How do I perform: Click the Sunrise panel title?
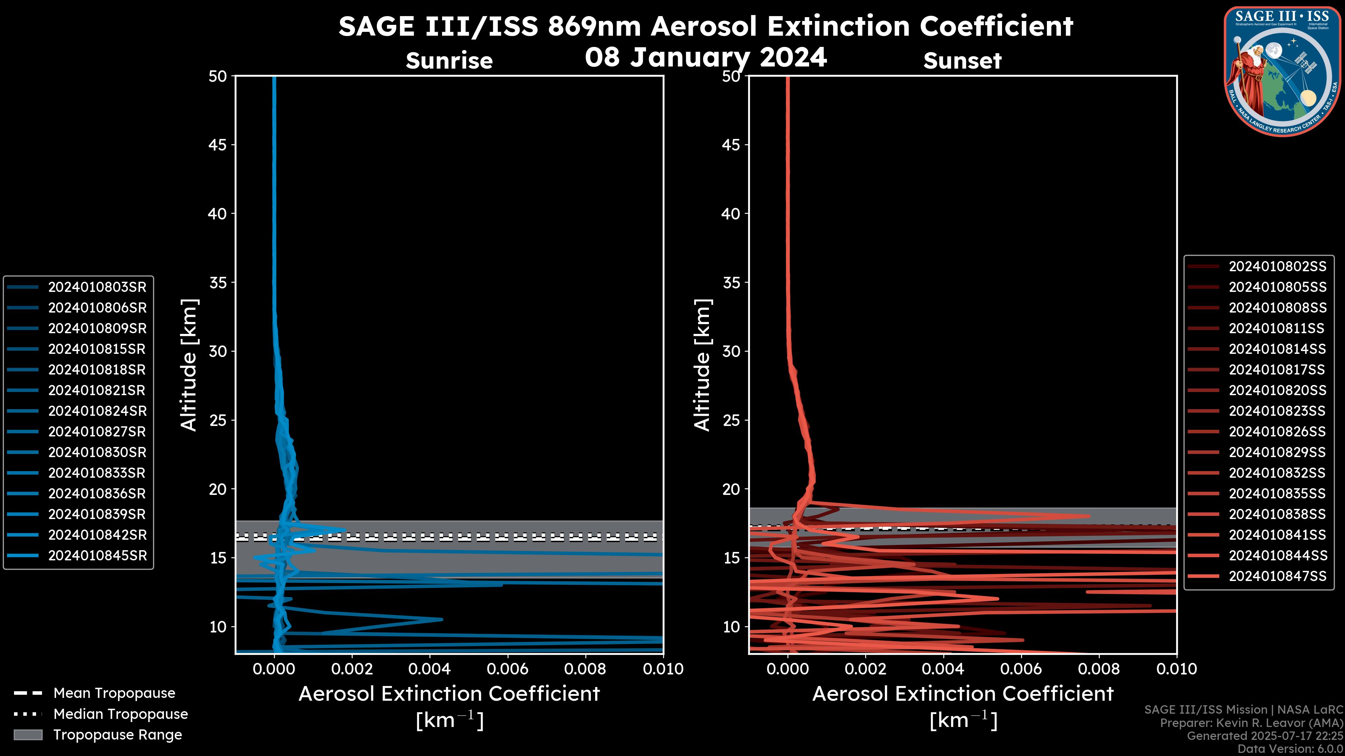point(449,61)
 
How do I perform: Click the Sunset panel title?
point(962,61)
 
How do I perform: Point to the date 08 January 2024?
point(705,57)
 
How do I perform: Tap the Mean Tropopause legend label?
point(114,693)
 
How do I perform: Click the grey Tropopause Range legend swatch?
point(28,735)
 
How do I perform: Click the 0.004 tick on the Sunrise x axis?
point(430,669)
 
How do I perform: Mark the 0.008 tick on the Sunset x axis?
point(1099,669)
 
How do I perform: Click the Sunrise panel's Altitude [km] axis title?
point(189,365)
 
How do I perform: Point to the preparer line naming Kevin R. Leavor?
point(1251,723)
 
